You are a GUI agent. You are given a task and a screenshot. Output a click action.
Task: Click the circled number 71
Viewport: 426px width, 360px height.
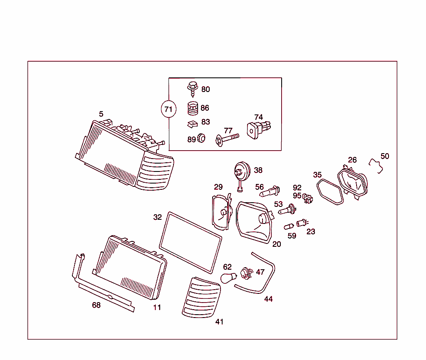tap(168, 109)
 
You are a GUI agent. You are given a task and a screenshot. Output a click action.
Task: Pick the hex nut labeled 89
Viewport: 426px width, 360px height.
tap(201, 138)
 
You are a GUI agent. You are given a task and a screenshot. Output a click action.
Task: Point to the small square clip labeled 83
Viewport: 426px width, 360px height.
tap(192, 124)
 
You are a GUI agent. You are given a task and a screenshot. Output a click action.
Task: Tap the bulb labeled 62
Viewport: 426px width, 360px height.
tap(228, 278)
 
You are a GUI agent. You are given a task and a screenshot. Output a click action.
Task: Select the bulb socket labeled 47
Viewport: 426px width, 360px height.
tap(247, 273)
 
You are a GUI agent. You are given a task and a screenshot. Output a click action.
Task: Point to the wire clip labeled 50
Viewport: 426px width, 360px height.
tap(376, 166)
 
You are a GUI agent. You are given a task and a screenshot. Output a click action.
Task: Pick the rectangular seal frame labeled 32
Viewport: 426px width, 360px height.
tap(191, 240)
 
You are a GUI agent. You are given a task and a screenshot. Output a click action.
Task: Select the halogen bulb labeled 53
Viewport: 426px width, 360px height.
tap(287, 210)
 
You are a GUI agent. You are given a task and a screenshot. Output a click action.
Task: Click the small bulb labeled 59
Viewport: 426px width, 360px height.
tap(289, 226)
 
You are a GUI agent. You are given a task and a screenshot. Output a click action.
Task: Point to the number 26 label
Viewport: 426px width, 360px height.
tap(352, 160)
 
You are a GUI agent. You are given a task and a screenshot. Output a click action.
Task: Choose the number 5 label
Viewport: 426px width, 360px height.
tap(101, 114)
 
